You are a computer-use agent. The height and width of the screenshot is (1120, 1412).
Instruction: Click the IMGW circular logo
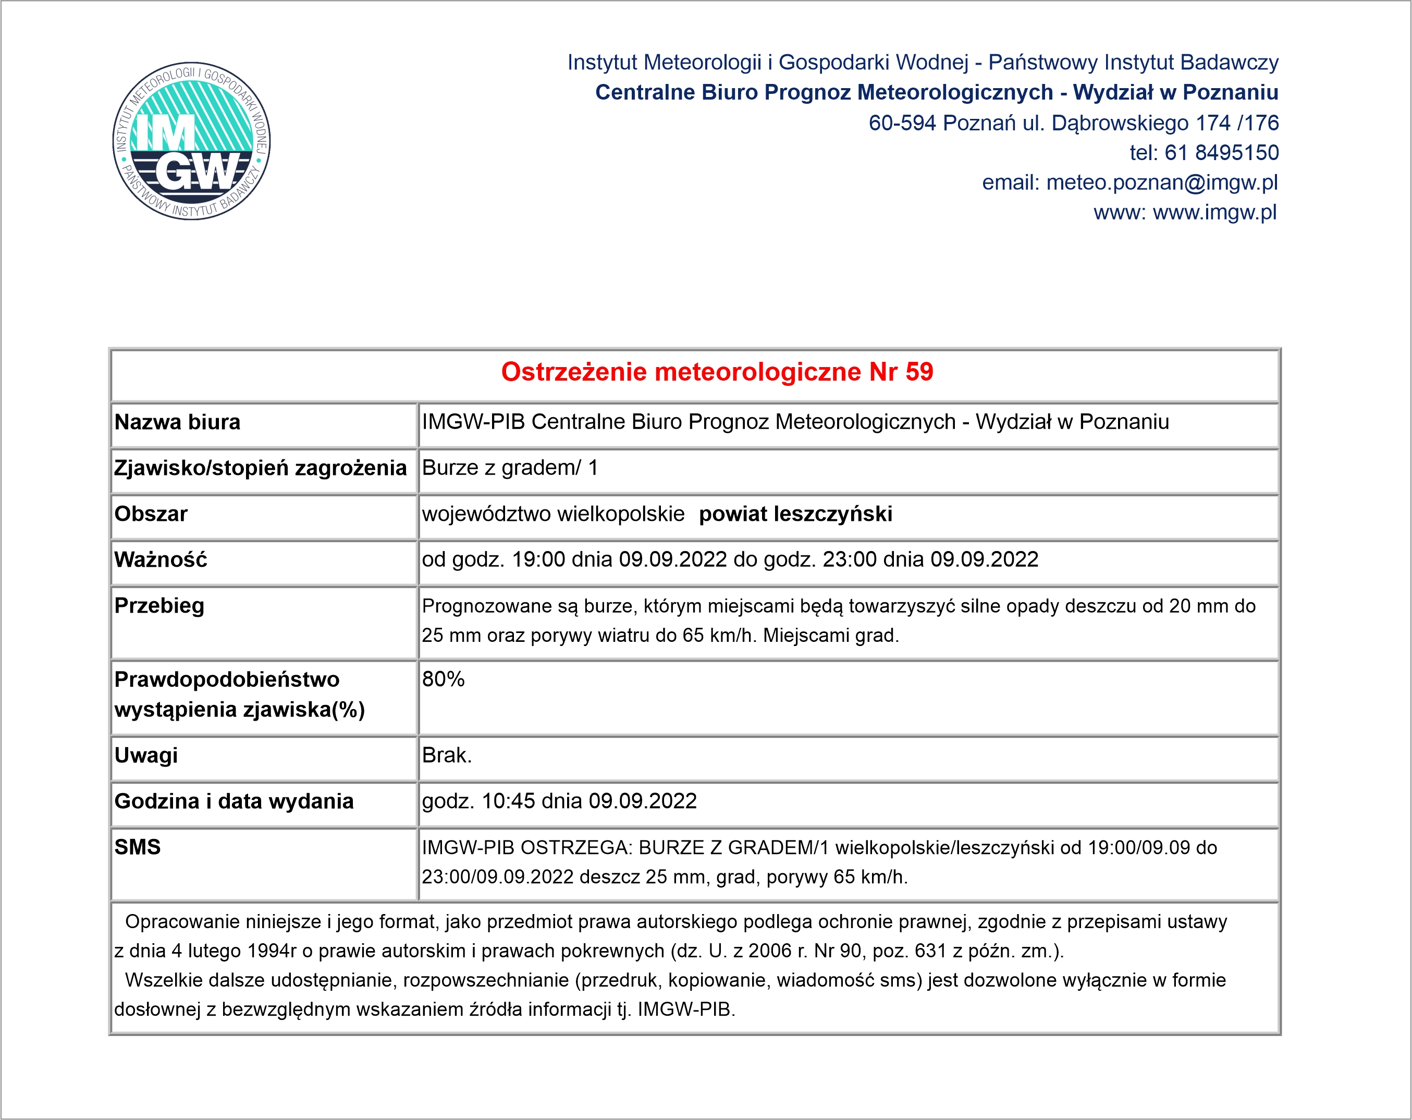191,141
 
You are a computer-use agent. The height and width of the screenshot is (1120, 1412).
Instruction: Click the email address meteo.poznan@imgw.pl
1162,182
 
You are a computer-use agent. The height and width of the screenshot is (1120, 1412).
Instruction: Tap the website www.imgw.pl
1214,213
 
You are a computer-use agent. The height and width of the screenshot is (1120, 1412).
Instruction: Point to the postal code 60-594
902,123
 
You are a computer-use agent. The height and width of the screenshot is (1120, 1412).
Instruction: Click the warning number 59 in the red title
919,372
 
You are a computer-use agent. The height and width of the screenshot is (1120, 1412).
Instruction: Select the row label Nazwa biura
178,422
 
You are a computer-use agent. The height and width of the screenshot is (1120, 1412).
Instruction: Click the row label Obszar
151,514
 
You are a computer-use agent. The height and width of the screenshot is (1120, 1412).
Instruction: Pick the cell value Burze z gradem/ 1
510,468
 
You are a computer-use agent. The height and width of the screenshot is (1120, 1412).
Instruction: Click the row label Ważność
161,560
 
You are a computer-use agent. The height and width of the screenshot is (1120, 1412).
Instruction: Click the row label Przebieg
159,606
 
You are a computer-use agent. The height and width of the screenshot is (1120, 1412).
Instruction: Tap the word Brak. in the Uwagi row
447,755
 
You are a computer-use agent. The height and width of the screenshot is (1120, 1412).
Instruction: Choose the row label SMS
138,847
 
